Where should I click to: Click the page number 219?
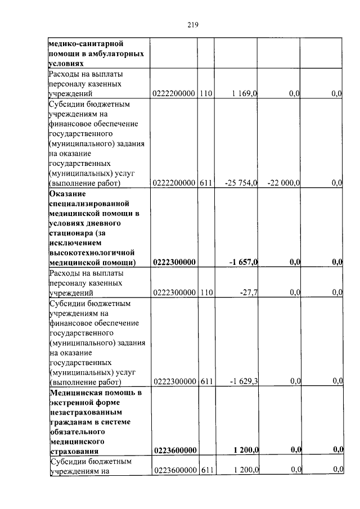pos(192,25)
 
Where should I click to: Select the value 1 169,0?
pos(243,93)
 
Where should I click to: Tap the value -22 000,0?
pos(284,183)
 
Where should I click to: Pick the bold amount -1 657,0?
pos(243,262)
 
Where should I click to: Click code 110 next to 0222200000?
pos(206,93)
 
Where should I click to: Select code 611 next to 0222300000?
pos(206,382)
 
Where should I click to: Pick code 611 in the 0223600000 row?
pos(206,470)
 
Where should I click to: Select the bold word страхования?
pos(74,451)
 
